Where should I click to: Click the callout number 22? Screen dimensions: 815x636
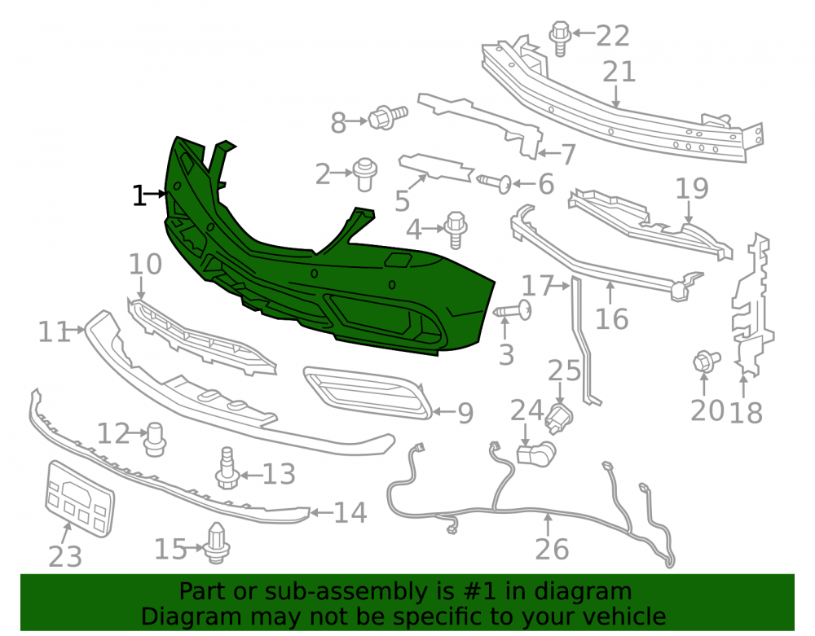point(613,36)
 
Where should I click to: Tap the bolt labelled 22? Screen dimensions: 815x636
point(561,38)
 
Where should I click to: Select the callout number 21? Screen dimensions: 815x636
point(619,72)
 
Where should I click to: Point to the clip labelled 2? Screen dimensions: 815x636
point(365,174)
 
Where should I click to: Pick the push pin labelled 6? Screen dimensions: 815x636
point(495,183)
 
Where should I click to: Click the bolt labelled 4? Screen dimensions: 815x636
point(456,230)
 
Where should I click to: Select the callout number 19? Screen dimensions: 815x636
point(692,188)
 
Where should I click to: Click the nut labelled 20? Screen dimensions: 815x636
point(706,361)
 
